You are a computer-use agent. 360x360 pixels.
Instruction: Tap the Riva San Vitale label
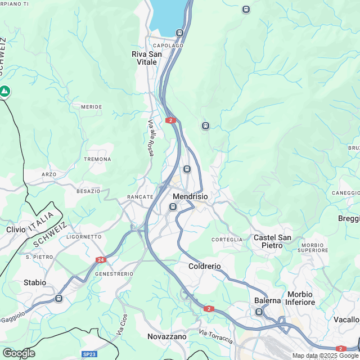click(147, 58)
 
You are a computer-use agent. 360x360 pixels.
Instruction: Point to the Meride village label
click(91, 106)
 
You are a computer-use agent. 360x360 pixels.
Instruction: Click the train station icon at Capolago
click(179, 33)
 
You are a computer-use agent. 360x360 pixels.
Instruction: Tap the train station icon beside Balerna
click(259, 312)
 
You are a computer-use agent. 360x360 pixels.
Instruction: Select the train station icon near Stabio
click(58, 298)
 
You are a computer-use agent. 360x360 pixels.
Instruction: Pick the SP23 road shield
click(89, 354)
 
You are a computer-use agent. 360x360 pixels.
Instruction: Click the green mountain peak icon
click(4, 91)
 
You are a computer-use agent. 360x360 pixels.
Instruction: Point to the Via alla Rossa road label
click(151, 138)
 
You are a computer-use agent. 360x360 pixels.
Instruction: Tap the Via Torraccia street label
click(216, 337)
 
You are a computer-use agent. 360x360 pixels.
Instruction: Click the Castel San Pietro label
click(272, 242)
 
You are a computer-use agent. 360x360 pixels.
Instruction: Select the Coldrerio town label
click(205, 266)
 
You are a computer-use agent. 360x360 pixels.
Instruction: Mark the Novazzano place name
click(166, 336)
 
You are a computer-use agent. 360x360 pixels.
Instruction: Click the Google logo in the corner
click(19, 353)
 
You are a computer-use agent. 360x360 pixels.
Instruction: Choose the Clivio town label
click(16, 229)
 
